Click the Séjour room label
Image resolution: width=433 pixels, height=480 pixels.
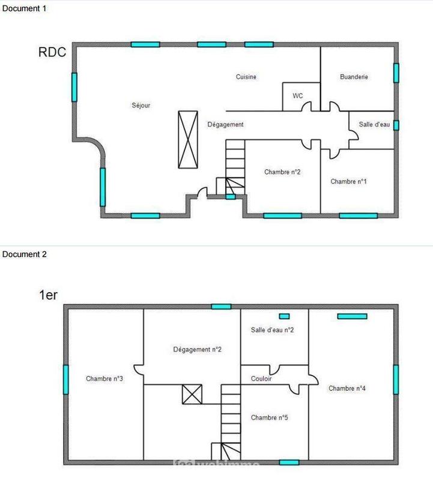click(141, 106)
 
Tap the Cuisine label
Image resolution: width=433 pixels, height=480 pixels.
click(246, 77)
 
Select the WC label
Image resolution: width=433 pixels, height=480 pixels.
click(298, 96)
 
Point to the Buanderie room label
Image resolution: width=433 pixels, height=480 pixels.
click(354, 77)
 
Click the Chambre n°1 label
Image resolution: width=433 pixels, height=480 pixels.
click(348, 182)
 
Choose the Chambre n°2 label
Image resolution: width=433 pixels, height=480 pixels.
click(282, 172)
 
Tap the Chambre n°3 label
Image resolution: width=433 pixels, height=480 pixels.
click(104, 379)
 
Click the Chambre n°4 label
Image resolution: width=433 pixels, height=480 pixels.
click(347, 389)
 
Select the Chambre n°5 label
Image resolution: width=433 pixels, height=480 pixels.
click(270, 418)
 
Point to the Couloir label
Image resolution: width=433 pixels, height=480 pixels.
click(261, 379)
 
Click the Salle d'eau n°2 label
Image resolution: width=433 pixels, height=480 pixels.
click(272, 330)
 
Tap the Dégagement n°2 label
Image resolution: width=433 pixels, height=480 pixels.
click(198, 349)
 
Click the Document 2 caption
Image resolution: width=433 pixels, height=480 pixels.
click(25, 254)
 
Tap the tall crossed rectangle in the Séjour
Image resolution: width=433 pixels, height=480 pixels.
click(188, 139)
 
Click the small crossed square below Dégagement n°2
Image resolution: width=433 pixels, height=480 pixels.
click(193, 395)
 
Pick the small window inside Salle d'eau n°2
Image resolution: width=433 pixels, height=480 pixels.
click(285, 316)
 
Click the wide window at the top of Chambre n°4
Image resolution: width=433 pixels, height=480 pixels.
click(352, 316)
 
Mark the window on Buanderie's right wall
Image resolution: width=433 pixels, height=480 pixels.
click(396, 73)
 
